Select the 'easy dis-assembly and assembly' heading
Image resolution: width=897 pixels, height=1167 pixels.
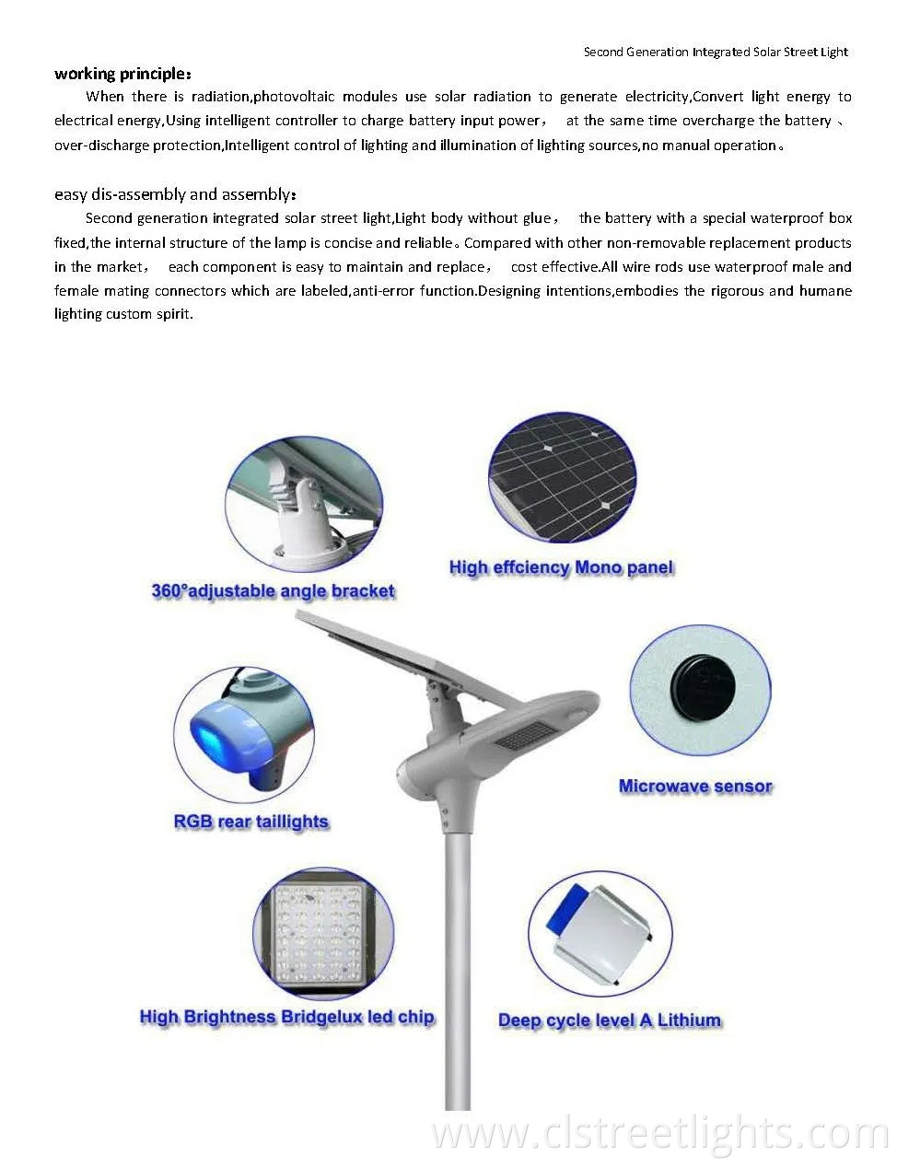(175, 194)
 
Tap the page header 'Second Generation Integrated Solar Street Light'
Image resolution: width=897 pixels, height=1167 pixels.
(716, 52)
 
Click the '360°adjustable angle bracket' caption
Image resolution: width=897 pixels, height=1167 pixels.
(273, 591)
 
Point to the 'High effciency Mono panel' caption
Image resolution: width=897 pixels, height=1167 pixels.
(561, 567)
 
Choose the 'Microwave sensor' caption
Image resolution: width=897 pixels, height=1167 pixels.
(695, 787)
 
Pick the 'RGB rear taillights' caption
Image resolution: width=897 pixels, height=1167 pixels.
(250, 822)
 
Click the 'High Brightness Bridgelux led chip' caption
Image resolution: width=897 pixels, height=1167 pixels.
(286, 1017)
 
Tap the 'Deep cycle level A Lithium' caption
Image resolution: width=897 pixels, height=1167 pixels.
(609, 1021)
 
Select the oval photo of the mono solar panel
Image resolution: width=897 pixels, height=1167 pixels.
(563, 476)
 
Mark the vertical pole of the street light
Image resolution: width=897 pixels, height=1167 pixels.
(458, 967)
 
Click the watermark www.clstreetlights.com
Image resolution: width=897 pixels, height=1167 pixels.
(659, 1135)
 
